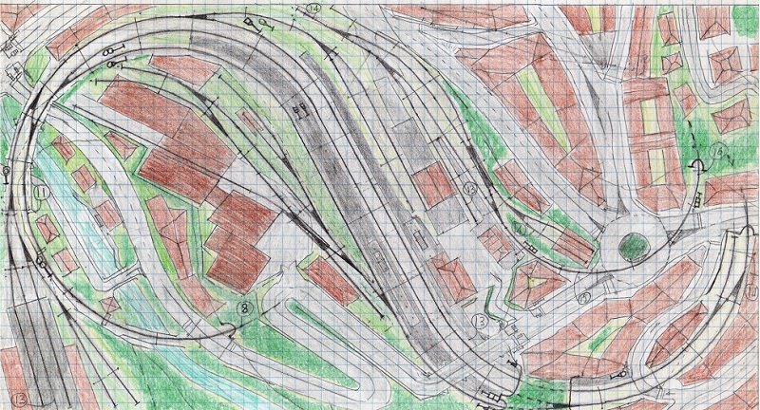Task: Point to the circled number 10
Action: pyautogui.click(x=519, y=229)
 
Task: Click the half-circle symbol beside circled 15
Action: pyautogui.click(x=698, y=168)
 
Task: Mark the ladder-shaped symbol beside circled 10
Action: pyautogui.click(x=528, y=249)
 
